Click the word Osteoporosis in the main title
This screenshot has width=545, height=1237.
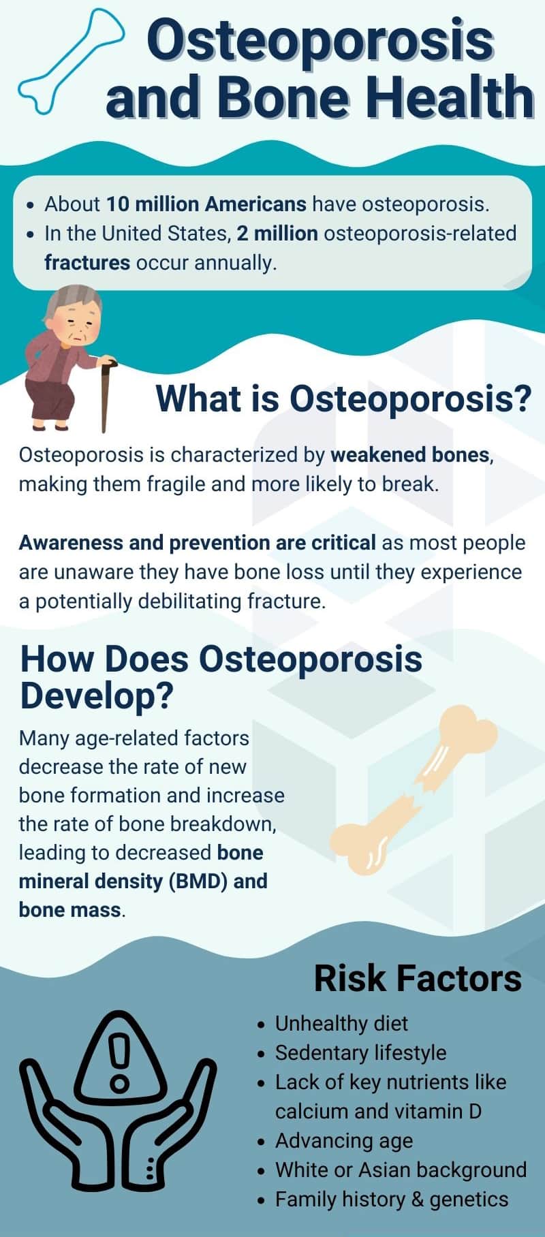pyautogui.click(x=320, y=40)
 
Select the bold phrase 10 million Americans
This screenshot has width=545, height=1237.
pyautogui.click(x=206, y=204)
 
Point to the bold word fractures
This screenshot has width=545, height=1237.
pyautogui.click(x=87, y=262)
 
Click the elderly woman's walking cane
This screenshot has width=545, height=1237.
pyautogui.click(x=106, y=395)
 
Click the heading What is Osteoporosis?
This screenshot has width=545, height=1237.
pyautogui.click(x=343, y=398)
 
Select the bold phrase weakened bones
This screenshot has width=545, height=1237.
pyautogui.click(x=410, y=454)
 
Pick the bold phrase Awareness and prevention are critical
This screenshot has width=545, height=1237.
pyautogui.click(x=198, y=542)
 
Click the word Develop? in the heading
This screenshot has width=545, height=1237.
pyautogui.click(x=97, y=695)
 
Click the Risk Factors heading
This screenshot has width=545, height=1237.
pyautogui.click(x=418, y=978)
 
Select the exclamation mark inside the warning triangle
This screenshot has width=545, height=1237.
pyautogui.click(x=121, y=1063)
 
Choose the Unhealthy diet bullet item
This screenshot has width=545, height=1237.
pyautogui.click(x=341, y=1023)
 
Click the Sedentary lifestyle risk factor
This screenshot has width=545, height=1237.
pyautogui.click(x=360, y=1052)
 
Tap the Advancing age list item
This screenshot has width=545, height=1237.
pyautogui.click(x=344, y=1140)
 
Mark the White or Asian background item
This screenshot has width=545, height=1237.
pyautogui.click(x=401, y=1170)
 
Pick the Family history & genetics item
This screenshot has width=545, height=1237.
pyautogui.click(x=392, y=1199)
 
